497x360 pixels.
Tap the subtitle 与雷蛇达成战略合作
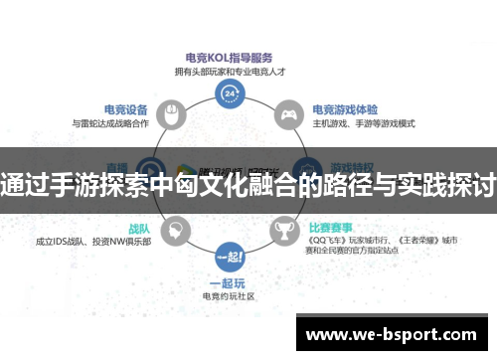pyautogui.click(x=111, y=123)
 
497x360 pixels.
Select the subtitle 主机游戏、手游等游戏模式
pyautogui.click(x=363, y=123)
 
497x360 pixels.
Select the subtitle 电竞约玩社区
pyautogui.click(x=230, y=295)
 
